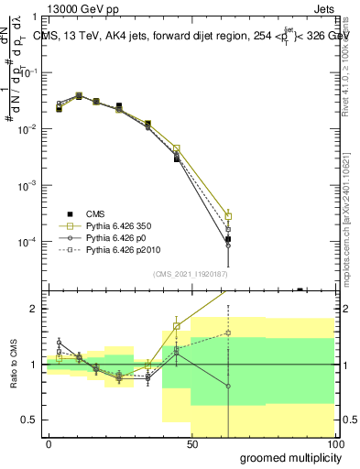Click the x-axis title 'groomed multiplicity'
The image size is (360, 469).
[287, 456]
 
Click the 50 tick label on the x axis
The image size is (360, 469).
[192, 443]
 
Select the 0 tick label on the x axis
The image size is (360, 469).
[49, 443]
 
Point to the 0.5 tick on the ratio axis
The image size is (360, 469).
[31, 420]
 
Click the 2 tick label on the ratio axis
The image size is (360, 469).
[36, 309]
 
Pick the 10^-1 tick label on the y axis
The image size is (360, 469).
[27, 72]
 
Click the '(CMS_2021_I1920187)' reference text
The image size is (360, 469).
[190, 273]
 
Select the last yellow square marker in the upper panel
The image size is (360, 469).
[228, 216]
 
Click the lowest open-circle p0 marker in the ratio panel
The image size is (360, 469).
[228, 386]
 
